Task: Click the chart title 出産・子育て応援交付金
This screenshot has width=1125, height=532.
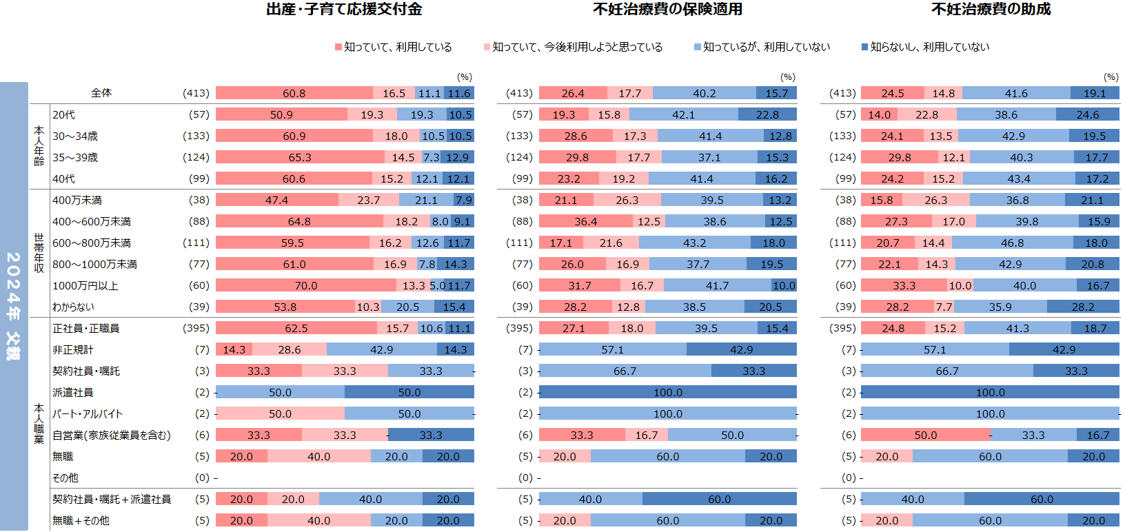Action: point(344,9)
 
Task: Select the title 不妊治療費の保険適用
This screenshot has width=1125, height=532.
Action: point(667,9)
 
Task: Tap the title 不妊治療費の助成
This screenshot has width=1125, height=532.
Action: point(991,9)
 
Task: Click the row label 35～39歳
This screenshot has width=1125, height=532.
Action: point(75,157)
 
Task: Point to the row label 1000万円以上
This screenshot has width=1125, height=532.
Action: point(85,285)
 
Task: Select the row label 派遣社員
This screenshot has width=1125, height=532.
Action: point(73,392)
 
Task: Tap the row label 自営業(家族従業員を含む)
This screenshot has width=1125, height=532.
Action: point(112,435)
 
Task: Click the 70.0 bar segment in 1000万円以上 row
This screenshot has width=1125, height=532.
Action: point(306,285)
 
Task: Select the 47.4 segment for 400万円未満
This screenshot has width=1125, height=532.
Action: point(276,200)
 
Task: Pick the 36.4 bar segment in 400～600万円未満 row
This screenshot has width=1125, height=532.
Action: point(585,221)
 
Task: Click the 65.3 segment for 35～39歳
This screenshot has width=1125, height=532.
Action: point(300,157)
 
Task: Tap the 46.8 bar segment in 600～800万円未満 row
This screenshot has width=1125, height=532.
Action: point(1012,243)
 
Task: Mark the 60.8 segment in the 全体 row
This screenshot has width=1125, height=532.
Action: point(294,93)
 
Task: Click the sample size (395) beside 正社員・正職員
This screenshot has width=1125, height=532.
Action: point(196,328)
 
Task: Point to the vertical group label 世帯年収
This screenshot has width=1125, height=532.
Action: point(39,253)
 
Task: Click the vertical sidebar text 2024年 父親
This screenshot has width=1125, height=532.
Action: point(14,306)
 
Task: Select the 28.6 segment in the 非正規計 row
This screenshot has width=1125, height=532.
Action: point(290,349)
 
